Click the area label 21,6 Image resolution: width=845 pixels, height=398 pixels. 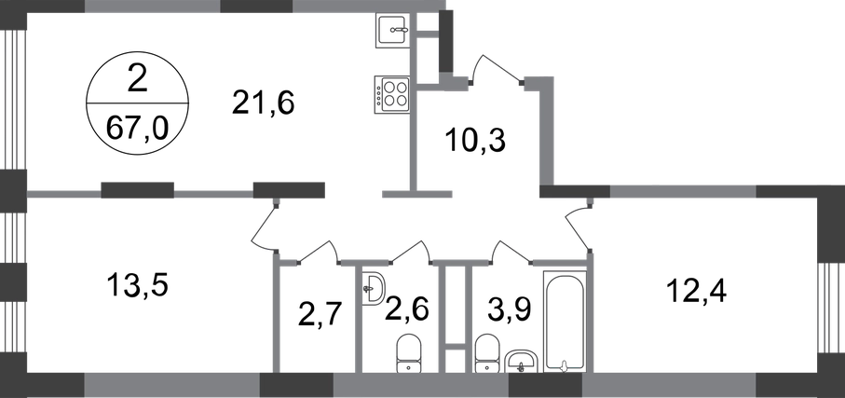[x=264, y=103]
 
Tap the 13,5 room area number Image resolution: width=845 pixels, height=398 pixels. [x=138, y=284]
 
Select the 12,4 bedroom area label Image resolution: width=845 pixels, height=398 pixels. [x=696, y=291]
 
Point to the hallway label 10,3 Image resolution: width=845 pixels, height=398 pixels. [x=475, y=141]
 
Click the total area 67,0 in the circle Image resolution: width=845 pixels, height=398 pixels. [x=137, y=129]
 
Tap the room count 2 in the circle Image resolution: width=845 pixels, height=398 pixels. [x=137, y=81]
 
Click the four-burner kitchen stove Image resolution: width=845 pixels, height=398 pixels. [x=392, y=94]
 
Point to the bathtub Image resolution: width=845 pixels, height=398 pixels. [x=565, y=321]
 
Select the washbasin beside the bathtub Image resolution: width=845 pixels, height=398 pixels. [x=521, y=360]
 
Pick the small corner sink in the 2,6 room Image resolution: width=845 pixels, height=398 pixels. [x=373, y=288]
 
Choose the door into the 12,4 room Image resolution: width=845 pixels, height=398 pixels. [x=579, y=226]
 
